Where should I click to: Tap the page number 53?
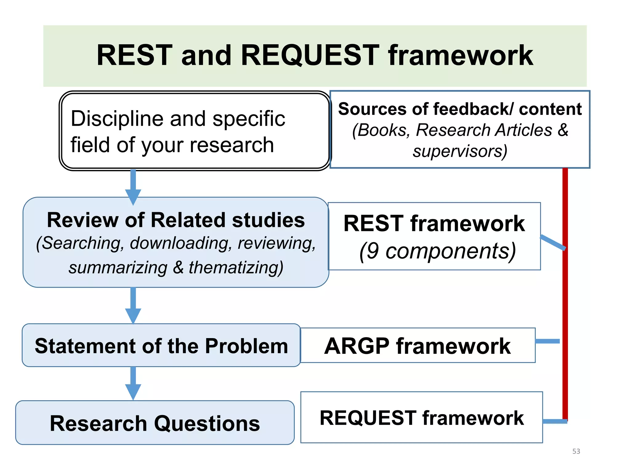[576, 451]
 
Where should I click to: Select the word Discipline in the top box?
[116, 119]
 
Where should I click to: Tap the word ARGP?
[357, 346]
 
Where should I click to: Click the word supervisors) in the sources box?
[460, 151]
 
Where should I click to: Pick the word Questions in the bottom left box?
[207, 423]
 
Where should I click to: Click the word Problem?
[246, 346]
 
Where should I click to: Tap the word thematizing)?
[236, 267]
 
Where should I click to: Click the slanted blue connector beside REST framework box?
[553, 242]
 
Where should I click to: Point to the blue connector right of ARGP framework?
[547, 341]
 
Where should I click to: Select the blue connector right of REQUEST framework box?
[554, 421]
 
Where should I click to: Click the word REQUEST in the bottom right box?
[368, 418]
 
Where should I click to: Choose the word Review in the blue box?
[83, 220]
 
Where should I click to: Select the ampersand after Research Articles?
[563, 130]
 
